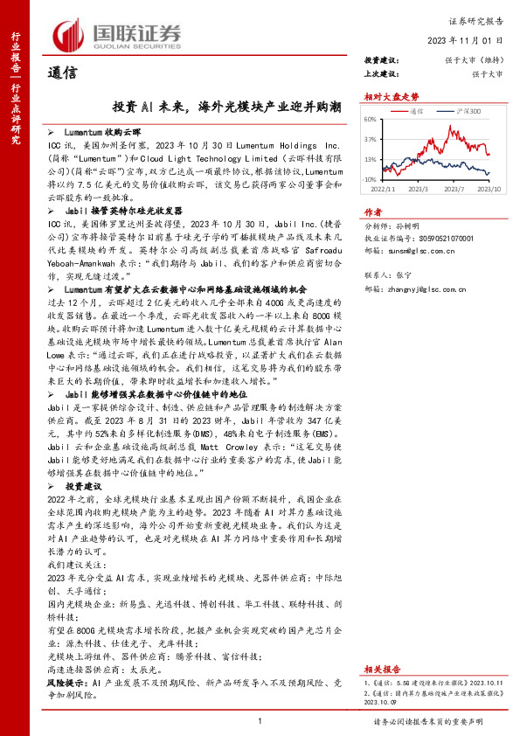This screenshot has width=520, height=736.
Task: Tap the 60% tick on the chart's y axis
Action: click(371, 119)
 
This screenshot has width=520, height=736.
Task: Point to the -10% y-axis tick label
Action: click(371, 180)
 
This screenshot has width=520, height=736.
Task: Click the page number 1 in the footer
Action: click(260, 720)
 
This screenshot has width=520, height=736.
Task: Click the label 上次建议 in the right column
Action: click(381, 75)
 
